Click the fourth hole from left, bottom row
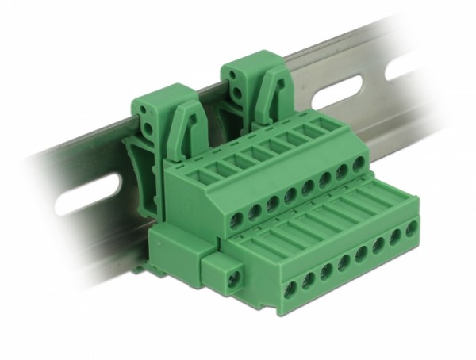[x=344, y=262]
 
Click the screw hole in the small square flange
[x=231, y=278]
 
